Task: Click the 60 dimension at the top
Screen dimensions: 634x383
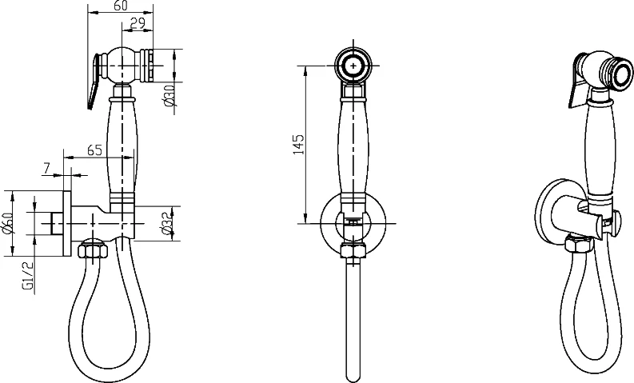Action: tap(121, 6)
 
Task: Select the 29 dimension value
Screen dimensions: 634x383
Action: tap(138, 23)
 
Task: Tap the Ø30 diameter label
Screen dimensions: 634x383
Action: tap(169, 96)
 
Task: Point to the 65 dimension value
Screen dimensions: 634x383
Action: tap(94, 150)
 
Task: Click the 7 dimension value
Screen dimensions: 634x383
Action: tap(46, 168)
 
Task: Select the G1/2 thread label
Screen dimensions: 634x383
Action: tap(27, 276)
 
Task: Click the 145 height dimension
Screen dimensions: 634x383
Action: tap(298, 145)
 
